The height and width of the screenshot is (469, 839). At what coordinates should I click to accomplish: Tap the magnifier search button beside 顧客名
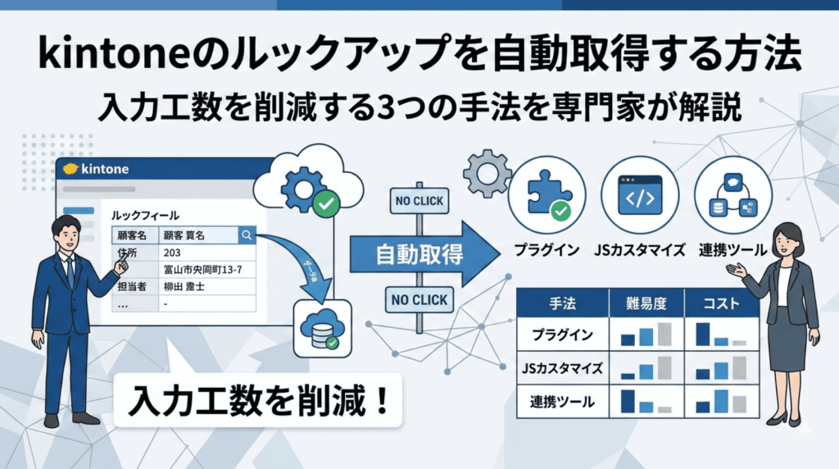246,235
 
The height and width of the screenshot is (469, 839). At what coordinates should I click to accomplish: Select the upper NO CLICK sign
418,200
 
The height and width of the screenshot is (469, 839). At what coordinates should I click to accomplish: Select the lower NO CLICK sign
418,300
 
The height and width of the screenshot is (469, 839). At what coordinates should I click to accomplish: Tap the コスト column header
722,303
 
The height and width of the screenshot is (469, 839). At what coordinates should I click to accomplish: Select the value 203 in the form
173,253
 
